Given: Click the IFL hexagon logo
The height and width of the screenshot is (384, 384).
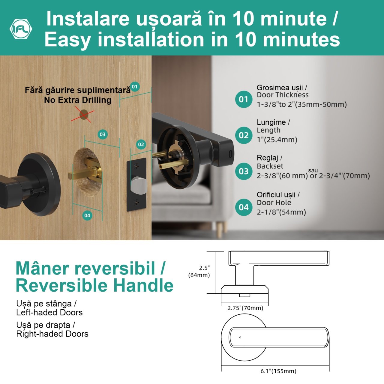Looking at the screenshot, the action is pos(21,29).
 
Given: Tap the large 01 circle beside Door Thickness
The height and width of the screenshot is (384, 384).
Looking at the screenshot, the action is pos(244,99).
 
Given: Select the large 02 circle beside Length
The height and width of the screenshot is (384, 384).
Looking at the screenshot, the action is pos(244,135).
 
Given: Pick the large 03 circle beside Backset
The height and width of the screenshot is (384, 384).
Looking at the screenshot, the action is pos(244,171).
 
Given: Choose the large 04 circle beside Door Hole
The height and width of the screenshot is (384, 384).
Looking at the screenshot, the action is pos(244,207).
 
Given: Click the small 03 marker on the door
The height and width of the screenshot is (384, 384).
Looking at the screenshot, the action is pos(103,134).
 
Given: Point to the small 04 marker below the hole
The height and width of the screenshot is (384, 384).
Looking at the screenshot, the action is pos(87,215).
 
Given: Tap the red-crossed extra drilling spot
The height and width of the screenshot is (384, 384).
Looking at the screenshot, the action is pos(84,115).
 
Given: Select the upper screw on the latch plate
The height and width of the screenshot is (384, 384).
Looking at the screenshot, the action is pos(136,166).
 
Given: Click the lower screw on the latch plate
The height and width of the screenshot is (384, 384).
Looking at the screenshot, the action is pos(136,202).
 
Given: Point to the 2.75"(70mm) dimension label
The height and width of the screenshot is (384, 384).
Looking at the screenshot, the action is pos(245,308).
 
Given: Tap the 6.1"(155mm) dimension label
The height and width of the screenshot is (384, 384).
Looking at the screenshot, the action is pos(278,371).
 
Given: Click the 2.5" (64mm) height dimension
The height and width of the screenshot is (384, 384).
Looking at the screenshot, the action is pos(199,271).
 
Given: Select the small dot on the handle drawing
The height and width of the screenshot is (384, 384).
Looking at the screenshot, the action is pos(240,337).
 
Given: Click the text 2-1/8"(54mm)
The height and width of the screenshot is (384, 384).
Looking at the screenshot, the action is pos(281,212).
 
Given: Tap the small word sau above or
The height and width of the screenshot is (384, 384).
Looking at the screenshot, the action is pos(313,170).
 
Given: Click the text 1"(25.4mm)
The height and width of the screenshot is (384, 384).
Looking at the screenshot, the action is pos(277,139).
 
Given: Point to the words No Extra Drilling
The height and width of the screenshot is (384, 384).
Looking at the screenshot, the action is pos(78,100).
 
